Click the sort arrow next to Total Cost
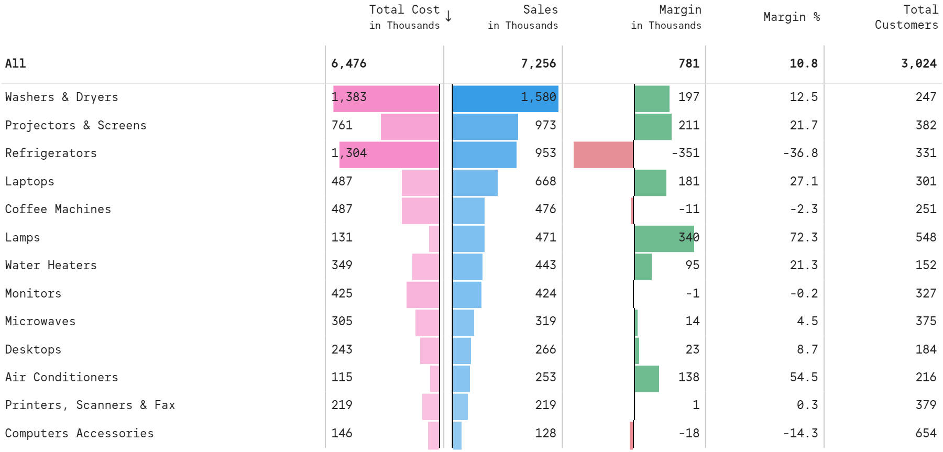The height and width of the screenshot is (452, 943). click(x=448, y=16)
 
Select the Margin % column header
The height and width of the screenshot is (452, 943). click(x=791, y=17)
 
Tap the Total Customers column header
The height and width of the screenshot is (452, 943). click(x=906, y=17)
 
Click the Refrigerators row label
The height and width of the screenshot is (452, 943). click(x=51, y=153)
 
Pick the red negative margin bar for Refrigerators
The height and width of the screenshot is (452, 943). click(x=603, y=155)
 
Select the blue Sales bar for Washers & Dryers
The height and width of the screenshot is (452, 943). click(x=505, y=98)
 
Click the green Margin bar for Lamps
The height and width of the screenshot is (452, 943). click(x=664, y=238)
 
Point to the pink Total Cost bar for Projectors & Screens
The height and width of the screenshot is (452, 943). click(x=410, y=127)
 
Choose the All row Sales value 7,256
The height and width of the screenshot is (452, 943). click(x=538, y=64)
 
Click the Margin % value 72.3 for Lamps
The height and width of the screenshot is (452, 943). click(x=803, y=238)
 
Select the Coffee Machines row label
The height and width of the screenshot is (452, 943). click(x=58, y=210)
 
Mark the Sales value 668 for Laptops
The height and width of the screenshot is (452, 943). click(x=545, y=182)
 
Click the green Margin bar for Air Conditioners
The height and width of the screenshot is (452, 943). click(x=646, y=379)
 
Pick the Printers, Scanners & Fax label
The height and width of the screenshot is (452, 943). click(x=90, y=405)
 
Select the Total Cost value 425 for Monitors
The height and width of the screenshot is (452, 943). click(x=342, y=294)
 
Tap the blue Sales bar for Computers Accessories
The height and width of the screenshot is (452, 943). click(x=457, y=435)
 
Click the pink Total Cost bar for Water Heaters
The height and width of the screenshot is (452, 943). click(x=425, y=267)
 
